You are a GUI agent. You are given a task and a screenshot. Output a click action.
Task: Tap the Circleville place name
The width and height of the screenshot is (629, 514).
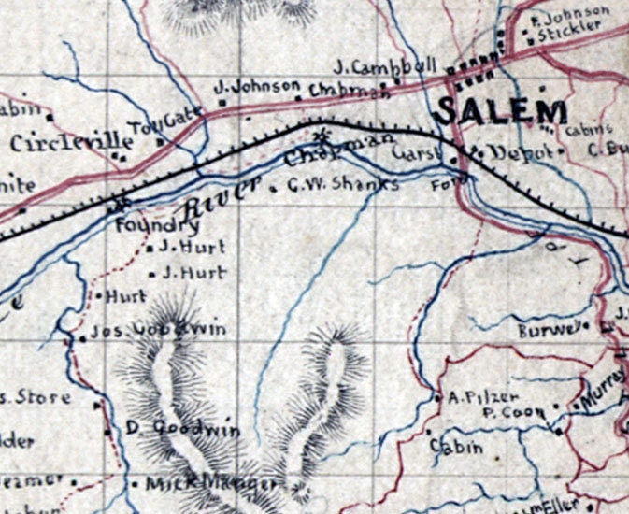[72, 143]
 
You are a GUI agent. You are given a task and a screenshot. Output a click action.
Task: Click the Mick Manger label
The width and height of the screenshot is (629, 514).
[210, 483]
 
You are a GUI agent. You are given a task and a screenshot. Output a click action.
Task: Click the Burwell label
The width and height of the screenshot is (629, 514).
[551, 329]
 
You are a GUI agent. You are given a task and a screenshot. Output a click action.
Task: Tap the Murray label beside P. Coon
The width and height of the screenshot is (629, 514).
[599, 396]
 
